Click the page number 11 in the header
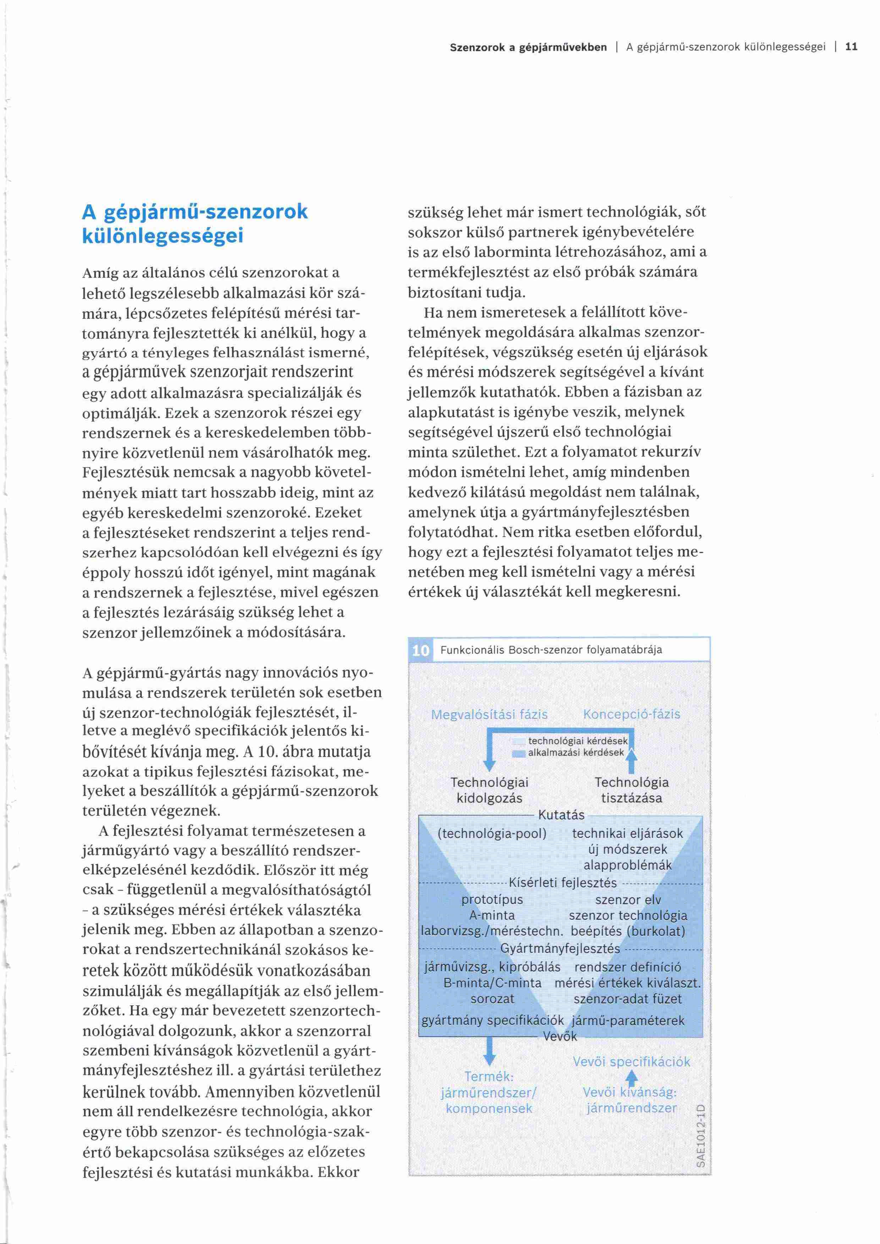851,47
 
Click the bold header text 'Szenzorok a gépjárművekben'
528,47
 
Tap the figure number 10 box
420,650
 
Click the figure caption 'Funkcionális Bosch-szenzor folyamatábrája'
551,649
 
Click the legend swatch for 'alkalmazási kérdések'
518,753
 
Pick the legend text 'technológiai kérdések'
578,741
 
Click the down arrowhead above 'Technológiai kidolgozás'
489,765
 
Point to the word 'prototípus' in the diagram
492,900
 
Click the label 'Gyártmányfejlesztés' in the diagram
560,949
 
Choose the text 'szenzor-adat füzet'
627,999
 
